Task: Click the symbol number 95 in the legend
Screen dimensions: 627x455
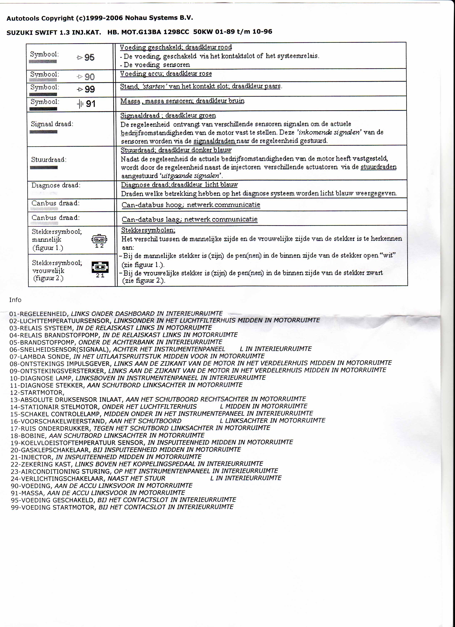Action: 89,58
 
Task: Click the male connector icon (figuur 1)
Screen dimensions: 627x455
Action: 99,239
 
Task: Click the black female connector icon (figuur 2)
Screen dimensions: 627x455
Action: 100,267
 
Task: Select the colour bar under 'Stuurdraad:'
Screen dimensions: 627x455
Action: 44,167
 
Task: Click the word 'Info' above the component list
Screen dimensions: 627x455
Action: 15,300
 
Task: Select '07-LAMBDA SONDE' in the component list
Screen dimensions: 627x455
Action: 39,357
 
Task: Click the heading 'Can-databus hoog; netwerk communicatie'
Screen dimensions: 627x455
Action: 191,205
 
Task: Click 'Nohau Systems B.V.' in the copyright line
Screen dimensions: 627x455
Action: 159,18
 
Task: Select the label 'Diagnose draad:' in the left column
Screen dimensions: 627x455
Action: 56,185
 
